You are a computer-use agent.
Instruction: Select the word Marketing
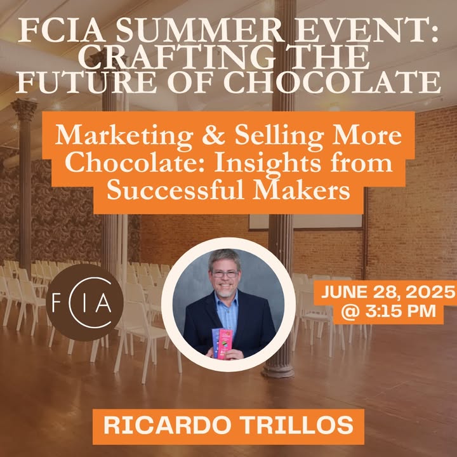pyautogui.click(x=124, y=136)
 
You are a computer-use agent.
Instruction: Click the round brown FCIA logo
pyautogui.click(x=85, y=303)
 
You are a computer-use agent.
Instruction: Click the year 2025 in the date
pyautogui.click(x=430, y=292)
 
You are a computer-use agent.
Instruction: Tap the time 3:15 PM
pyautogui.click(x=401, y=311)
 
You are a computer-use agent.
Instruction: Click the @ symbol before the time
pyautogui.click(x=351, y=312)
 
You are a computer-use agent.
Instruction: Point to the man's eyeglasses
pyautogui.click(x=225, y=274)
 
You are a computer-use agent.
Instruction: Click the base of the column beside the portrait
pyautogui.click(x=279, y=369)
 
